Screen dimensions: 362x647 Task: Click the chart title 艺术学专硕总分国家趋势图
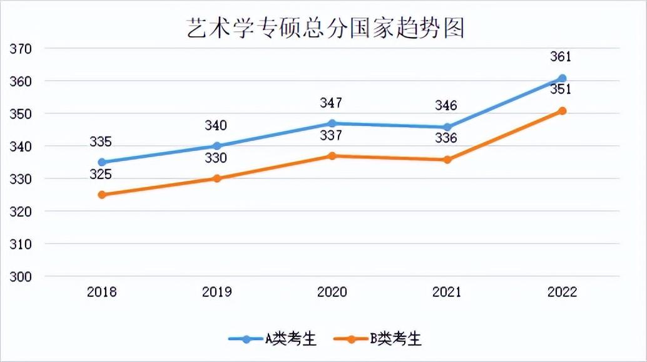[x=325, y=28]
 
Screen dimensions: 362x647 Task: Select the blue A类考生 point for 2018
[x=102, y=162]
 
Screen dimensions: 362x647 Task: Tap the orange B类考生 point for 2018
[x=102, y=195]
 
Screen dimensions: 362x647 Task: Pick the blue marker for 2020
[x=332, y=123]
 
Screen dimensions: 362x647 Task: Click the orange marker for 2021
[x=447, y=160]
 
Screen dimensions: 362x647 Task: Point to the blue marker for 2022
[x=562, y=78]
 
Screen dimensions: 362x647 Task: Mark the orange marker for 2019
[x=217, y=178]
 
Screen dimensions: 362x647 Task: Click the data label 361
[x=561, y=57]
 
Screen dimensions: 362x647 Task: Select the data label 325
[x=101, y=174]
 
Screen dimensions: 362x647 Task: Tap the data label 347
[x=331, y=103]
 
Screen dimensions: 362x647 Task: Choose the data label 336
[x=446, y=138]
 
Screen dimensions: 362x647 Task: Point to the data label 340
[x=216, y=126]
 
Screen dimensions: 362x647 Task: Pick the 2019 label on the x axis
[x=217, y=292]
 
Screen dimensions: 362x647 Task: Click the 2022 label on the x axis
[x=562, y=292]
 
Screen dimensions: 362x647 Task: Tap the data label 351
[x=561, y=90]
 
